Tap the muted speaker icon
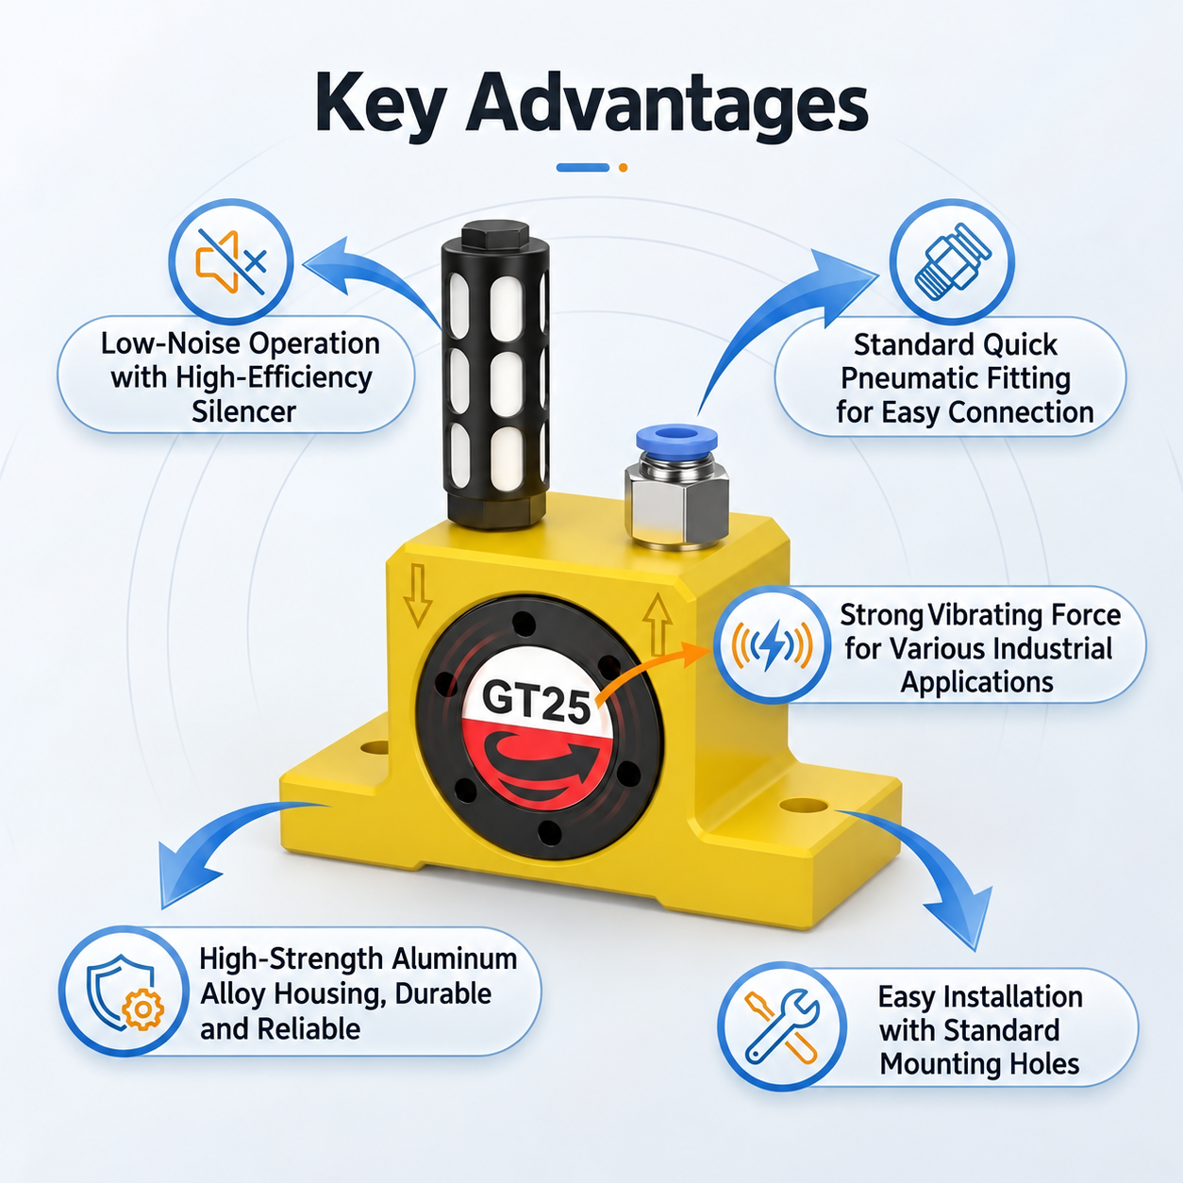[231, 262]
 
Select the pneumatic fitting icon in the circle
[952, 261]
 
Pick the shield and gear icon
[125, 991]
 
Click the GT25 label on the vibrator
[536, 702]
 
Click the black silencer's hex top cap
[494, 235]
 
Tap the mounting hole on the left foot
[375, 748]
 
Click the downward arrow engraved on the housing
[418, 595]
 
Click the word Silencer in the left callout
[243, 411]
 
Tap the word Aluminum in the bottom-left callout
[455, 959]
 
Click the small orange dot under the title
[624, 168]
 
